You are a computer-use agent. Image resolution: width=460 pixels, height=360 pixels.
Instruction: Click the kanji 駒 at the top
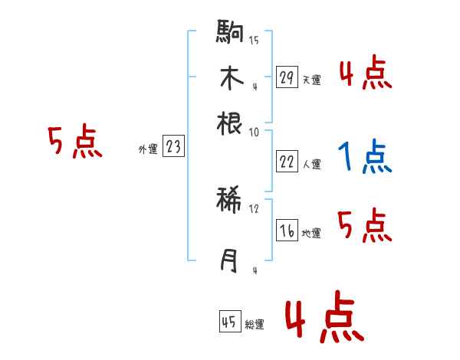(231, 34)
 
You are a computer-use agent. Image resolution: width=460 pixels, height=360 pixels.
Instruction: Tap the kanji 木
(231, 78)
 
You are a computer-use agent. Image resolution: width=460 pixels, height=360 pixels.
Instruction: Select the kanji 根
(231, 123)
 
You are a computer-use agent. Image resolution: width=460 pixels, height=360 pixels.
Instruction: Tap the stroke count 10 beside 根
(254, 131)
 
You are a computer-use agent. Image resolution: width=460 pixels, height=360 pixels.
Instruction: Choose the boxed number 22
(287, 161)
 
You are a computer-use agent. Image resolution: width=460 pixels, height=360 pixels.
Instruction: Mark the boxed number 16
(287, 231)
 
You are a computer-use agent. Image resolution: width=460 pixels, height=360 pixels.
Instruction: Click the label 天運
(311, 79)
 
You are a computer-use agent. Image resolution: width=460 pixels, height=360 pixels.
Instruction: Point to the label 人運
(311, 164)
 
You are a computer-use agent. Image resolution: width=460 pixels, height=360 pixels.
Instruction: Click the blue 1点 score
(364, 157)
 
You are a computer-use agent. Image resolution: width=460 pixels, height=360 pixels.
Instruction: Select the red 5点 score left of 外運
(75, 142)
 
